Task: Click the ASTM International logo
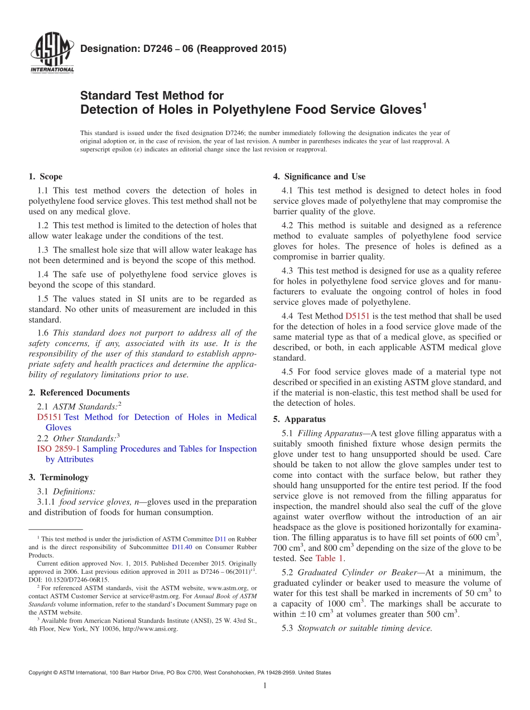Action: coord(52,54)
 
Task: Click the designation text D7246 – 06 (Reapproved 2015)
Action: coord(184,49)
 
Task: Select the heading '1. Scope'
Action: coord(46,177)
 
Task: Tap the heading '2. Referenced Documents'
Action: coord(79,393)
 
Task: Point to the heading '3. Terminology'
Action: coord(59,478)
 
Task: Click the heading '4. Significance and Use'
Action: coord(319,177)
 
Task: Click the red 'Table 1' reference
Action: coord(329,558)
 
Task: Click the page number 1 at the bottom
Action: coord(265,686)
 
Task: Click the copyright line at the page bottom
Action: coord(179,673)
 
